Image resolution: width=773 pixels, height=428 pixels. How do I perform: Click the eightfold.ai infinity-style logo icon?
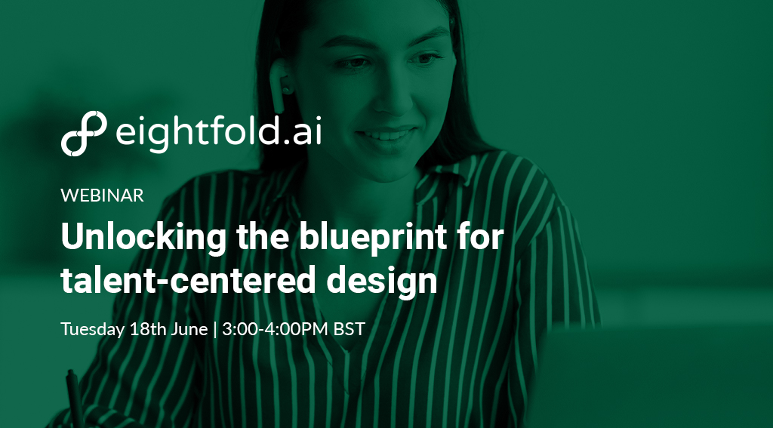84,133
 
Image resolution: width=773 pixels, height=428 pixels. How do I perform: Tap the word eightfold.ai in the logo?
218,132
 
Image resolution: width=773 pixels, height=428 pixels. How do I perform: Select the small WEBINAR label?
102,195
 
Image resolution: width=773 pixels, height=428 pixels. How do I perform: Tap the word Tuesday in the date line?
92,330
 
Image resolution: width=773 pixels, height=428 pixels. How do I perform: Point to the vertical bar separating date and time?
215,330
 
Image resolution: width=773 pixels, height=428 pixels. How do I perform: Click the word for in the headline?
482,239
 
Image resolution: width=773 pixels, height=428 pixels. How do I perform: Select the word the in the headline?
260,239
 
